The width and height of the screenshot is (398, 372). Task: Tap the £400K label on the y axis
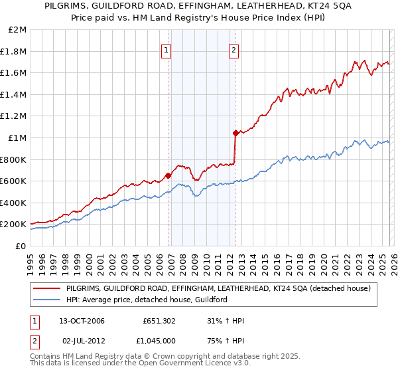coord(13,203)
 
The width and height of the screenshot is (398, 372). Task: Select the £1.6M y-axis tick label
coord(14,73)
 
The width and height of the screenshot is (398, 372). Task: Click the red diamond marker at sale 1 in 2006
coord(168,175)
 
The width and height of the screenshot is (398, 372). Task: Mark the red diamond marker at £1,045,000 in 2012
coord(235,133)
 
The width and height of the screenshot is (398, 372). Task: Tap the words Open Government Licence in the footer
coord(175,363)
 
